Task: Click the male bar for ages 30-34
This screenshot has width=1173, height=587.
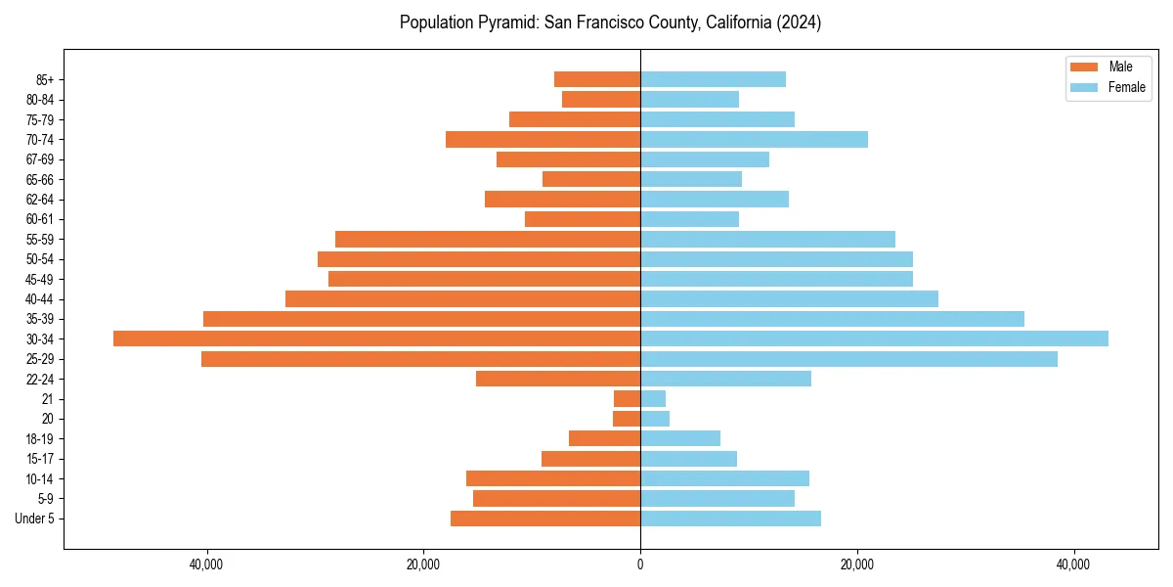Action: (376, 339)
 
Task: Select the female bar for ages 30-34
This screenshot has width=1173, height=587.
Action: (874, 339)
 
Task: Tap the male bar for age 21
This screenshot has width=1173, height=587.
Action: (627, 398)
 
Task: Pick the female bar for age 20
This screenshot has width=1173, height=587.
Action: (655, 419)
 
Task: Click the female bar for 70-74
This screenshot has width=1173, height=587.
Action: (754, 139)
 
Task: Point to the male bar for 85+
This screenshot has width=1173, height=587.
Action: (597, 79)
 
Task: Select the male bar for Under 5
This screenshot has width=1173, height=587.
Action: (545, 519)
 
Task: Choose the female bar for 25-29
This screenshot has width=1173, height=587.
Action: (848, 359)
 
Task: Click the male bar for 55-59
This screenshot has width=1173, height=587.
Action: (488, 239)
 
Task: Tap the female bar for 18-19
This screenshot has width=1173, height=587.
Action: (680, 438)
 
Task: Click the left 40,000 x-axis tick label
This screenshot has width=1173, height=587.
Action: (206, 565)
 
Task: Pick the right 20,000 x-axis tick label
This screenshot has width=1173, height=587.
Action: (857, 565)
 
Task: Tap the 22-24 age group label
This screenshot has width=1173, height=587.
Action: (40, 379)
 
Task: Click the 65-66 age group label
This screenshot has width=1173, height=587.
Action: (40, 179)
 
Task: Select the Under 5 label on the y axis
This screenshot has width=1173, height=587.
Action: (34, 519)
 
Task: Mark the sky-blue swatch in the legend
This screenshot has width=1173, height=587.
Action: (1084, 87)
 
